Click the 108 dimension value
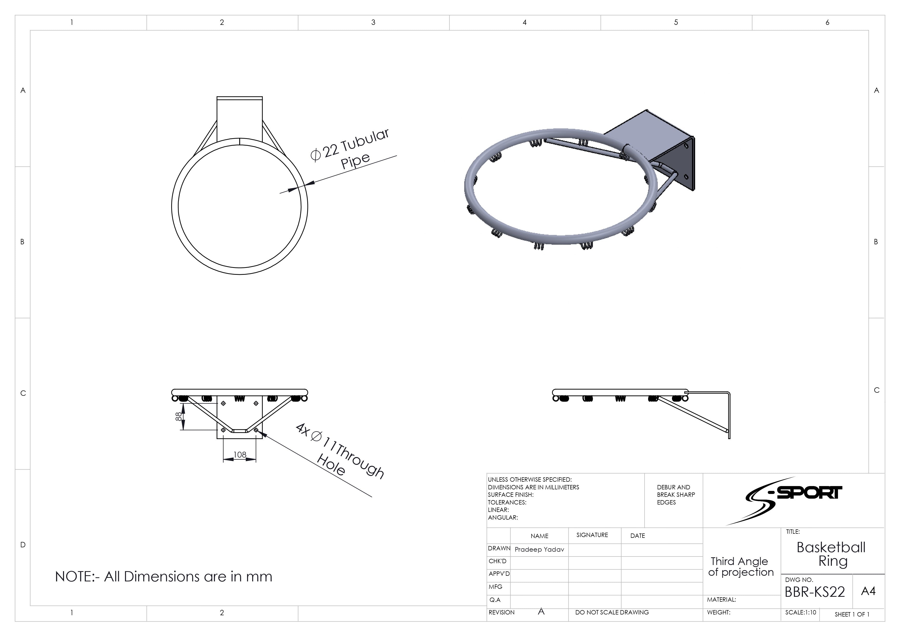(240, 455)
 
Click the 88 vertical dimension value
(179, 416)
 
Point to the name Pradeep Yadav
(539, 549)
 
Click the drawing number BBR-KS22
(815, 592)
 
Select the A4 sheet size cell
(868, 591)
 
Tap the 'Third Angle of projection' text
(741, 567)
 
